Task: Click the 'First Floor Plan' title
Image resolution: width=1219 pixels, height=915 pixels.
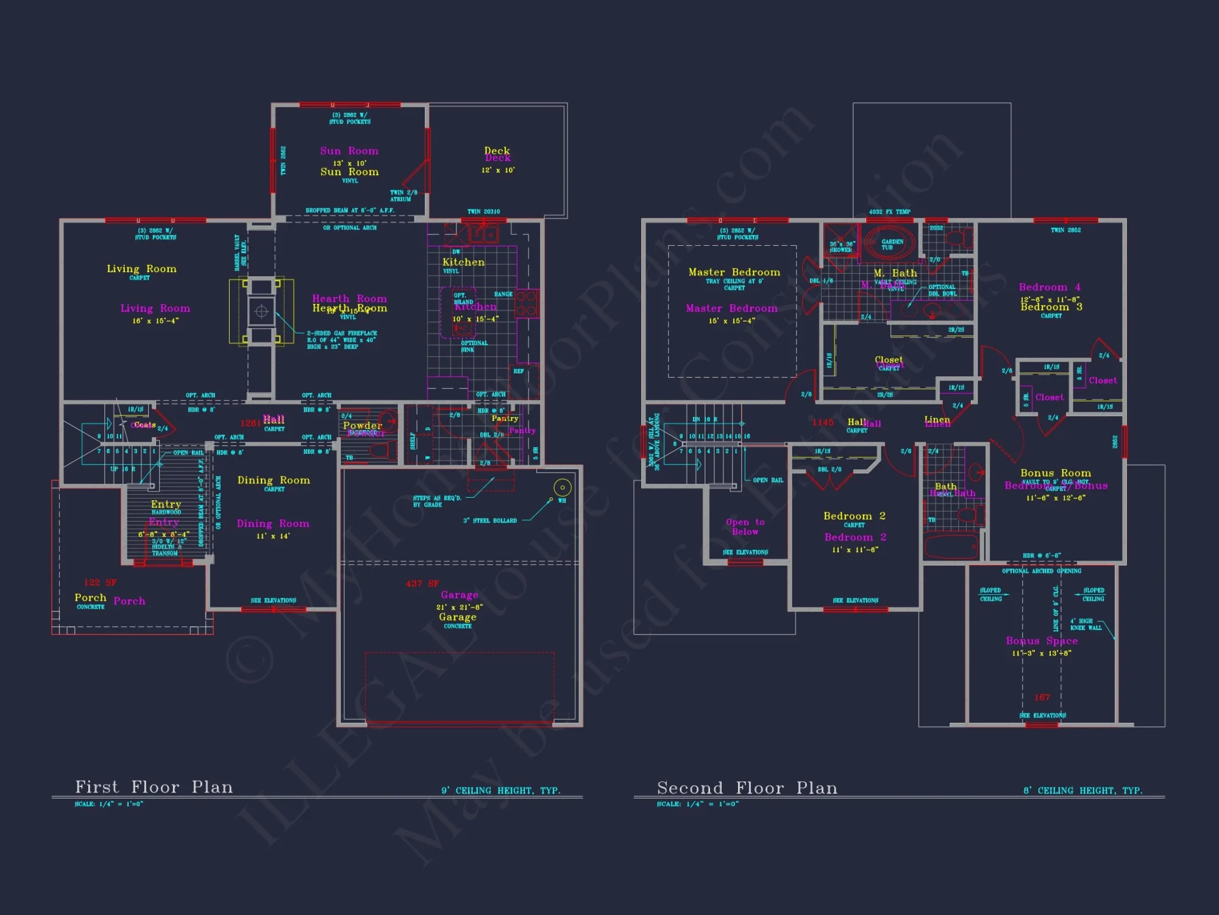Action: coord(154,787)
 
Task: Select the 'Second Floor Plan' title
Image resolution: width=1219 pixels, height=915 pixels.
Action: coord(747,788)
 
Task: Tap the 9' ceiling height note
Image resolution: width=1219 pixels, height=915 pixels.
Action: coord(500,791)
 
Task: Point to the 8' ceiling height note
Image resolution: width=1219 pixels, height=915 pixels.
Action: coord(1082,791)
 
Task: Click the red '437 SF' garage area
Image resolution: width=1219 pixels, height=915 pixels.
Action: coord(422,584)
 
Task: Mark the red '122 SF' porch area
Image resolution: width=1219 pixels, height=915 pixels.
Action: coord(100,583)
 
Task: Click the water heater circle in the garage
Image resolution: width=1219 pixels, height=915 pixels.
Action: coord(562,487)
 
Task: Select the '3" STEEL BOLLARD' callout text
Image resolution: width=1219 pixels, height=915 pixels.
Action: coord(489,521)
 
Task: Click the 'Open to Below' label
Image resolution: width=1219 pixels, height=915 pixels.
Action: coord(745,527)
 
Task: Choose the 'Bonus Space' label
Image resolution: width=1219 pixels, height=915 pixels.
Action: coord(1042,640)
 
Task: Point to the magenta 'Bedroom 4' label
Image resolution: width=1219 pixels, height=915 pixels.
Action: coord(1050,287)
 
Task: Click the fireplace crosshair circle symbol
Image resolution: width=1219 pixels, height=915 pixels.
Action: coord(261,311)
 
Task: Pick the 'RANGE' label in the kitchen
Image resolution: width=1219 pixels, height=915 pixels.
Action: coord(503,294)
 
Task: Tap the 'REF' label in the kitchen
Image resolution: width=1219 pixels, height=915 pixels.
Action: coord(519,371)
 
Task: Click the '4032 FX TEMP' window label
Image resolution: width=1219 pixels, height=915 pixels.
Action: coord(889,212)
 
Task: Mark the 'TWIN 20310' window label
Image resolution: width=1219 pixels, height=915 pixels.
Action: coord(483,212)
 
